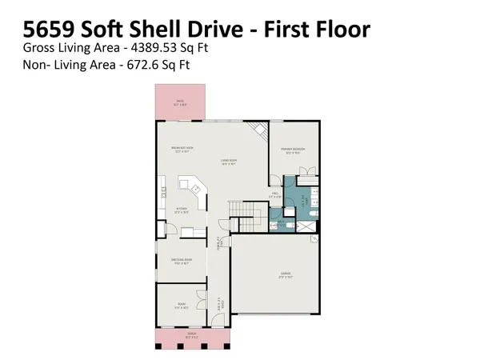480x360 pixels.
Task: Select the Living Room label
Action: (230, 162)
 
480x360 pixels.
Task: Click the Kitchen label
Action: (182, 210)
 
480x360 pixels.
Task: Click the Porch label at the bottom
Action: (192, 336)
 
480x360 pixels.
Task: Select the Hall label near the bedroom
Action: (274, 194)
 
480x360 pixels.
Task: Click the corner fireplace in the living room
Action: (258, 130)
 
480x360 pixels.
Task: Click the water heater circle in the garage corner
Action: (314, 239)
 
